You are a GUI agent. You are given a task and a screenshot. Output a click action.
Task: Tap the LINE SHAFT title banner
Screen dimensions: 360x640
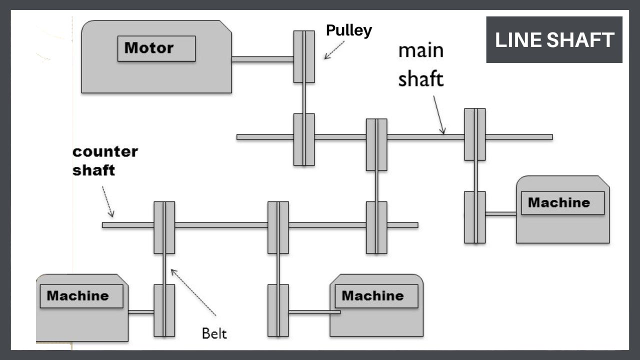554,39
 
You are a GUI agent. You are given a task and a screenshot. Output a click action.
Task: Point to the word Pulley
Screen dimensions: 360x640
348,30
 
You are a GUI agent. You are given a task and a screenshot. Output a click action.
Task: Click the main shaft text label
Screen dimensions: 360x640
421,65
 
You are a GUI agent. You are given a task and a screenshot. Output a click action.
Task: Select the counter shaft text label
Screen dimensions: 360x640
105,160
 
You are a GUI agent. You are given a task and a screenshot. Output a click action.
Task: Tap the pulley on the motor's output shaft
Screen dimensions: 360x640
304,56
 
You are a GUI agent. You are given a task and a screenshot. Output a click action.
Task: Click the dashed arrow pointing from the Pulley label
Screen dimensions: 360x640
334,50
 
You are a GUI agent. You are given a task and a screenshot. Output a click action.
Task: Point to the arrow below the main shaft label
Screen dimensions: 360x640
438,114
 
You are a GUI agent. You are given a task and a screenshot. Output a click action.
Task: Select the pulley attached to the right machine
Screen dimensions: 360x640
474,217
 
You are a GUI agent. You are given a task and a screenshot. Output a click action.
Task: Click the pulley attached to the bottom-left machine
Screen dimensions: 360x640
164,310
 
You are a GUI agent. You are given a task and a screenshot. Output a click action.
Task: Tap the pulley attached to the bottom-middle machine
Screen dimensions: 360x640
278,310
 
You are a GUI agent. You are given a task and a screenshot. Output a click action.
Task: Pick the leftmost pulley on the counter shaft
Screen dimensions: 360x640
164,227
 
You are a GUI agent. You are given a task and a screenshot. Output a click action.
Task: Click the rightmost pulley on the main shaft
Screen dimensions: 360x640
474,134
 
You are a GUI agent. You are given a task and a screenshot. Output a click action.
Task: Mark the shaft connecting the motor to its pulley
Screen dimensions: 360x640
262,59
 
